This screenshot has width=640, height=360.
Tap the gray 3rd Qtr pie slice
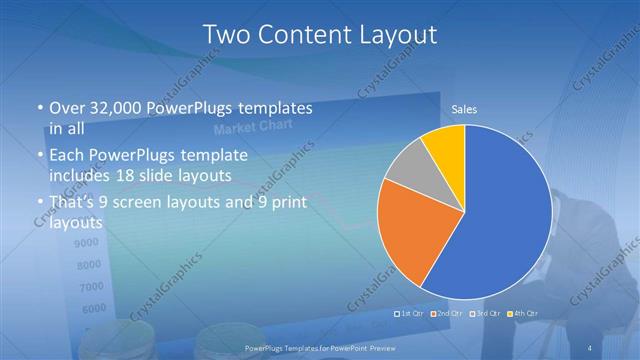click(407, 167)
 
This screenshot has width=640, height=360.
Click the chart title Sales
click(464, 108)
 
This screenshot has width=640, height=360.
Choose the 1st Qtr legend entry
click(410, 314)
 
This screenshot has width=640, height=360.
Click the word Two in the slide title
click(225, 35)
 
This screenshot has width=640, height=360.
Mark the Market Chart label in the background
click(245, 130)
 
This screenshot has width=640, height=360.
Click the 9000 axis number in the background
click(87, 243)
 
